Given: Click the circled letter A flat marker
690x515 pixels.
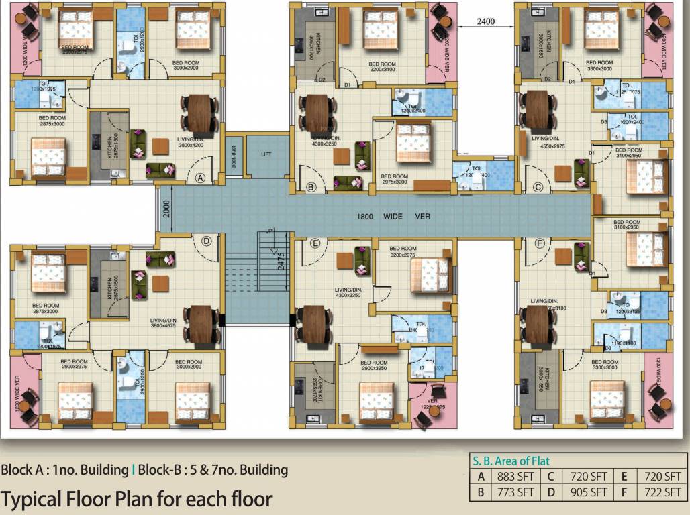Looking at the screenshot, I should click(199, 178).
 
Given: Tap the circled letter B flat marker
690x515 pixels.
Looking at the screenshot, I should click(311, 188).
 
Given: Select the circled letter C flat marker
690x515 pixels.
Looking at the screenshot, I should click(538, 188).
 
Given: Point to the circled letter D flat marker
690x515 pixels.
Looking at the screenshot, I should click(207, 241).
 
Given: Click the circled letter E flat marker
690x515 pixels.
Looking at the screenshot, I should click(315, 243).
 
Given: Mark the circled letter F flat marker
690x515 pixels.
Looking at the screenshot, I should click(539, 243).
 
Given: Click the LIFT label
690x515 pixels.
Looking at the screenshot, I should click(266, 154).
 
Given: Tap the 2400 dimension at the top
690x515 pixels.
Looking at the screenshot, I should click(485, 21).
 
